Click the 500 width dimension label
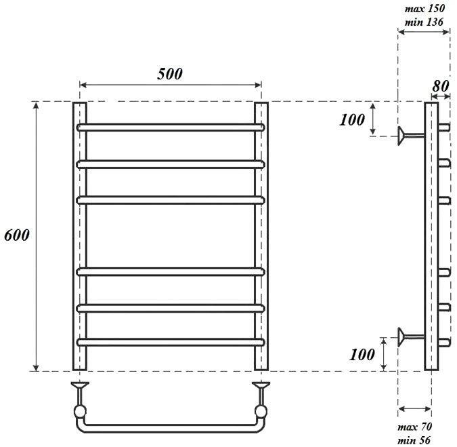170,73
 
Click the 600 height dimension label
17,235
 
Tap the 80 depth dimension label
440,86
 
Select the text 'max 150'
425,8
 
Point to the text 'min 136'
424,22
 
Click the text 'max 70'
414,427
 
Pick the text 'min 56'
414,440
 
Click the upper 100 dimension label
352,119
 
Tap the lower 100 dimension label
362,355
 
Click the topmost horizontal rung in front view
171,128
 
